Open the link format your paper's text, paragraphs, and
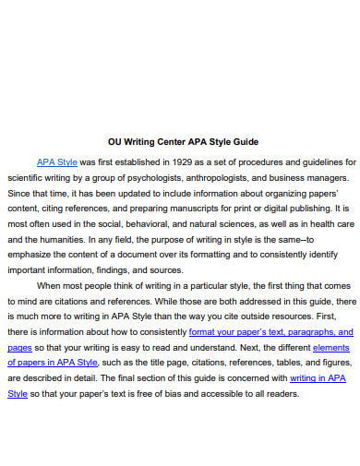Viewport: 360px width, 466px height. pyautogui.click(x=270, y=330)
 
